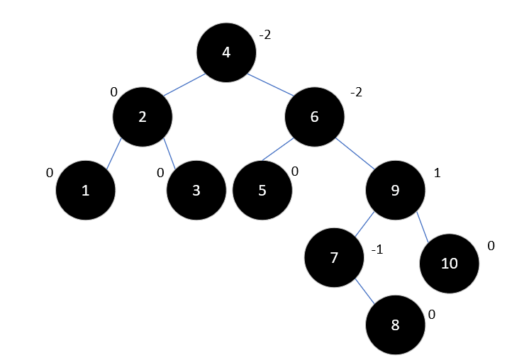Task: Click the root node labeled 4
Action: coord(226,52)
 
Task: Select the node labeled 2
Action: coord(142,117)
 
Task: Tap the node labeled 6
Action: coord(315,117)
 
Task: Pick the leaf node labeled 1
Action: coord(85,191)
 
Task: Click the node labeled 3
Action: coord(196,191)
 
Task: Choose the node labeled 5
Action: coord(262,191)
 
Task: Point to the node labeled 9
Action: coord(395,191)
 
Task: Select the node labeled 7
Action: coord(334,257)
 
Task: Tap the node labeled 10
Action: coord(449,264)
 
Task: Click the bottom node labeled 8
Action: coord(395,325)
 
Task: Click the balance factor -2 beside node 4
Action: coord(265,34)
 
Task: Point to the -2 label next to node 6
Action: coord(356,93)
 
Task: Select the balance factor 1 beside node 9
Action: coord(437,172)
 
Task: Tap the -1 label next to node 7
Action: coord(377,249)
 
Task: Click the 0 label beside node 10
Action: coord(491,245)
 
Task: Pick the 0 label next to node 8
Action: coord(432,315)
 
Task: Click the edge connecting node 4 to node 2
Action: coord(185,84)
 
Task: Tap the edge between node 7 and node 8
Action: coord(366,292)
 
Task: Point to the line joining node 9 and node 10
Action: coord(423,227)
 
